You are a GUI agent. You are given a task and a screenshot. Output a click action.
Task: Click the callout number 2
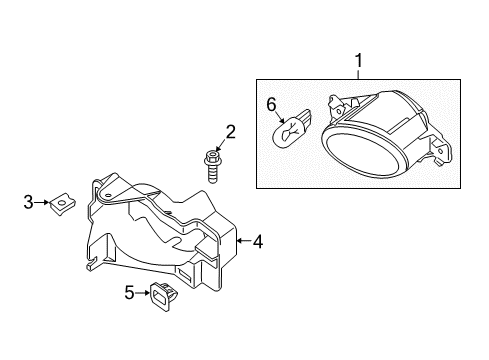230,131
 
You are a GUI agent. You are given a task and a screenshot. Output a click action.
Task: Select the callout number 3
28,203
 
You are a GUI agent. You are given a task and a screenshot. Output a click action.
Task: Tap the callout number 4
257,241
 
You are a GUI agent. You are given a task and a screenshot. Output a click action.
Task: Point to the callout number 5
129,292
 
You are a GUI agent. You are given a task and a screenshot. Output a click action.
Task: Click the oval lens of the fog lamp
364,149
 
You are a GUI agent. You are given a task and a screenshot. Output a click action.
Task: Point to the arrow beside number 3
43,204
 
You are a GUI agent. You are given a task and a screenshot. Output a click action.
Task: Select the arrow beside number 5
143,293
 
